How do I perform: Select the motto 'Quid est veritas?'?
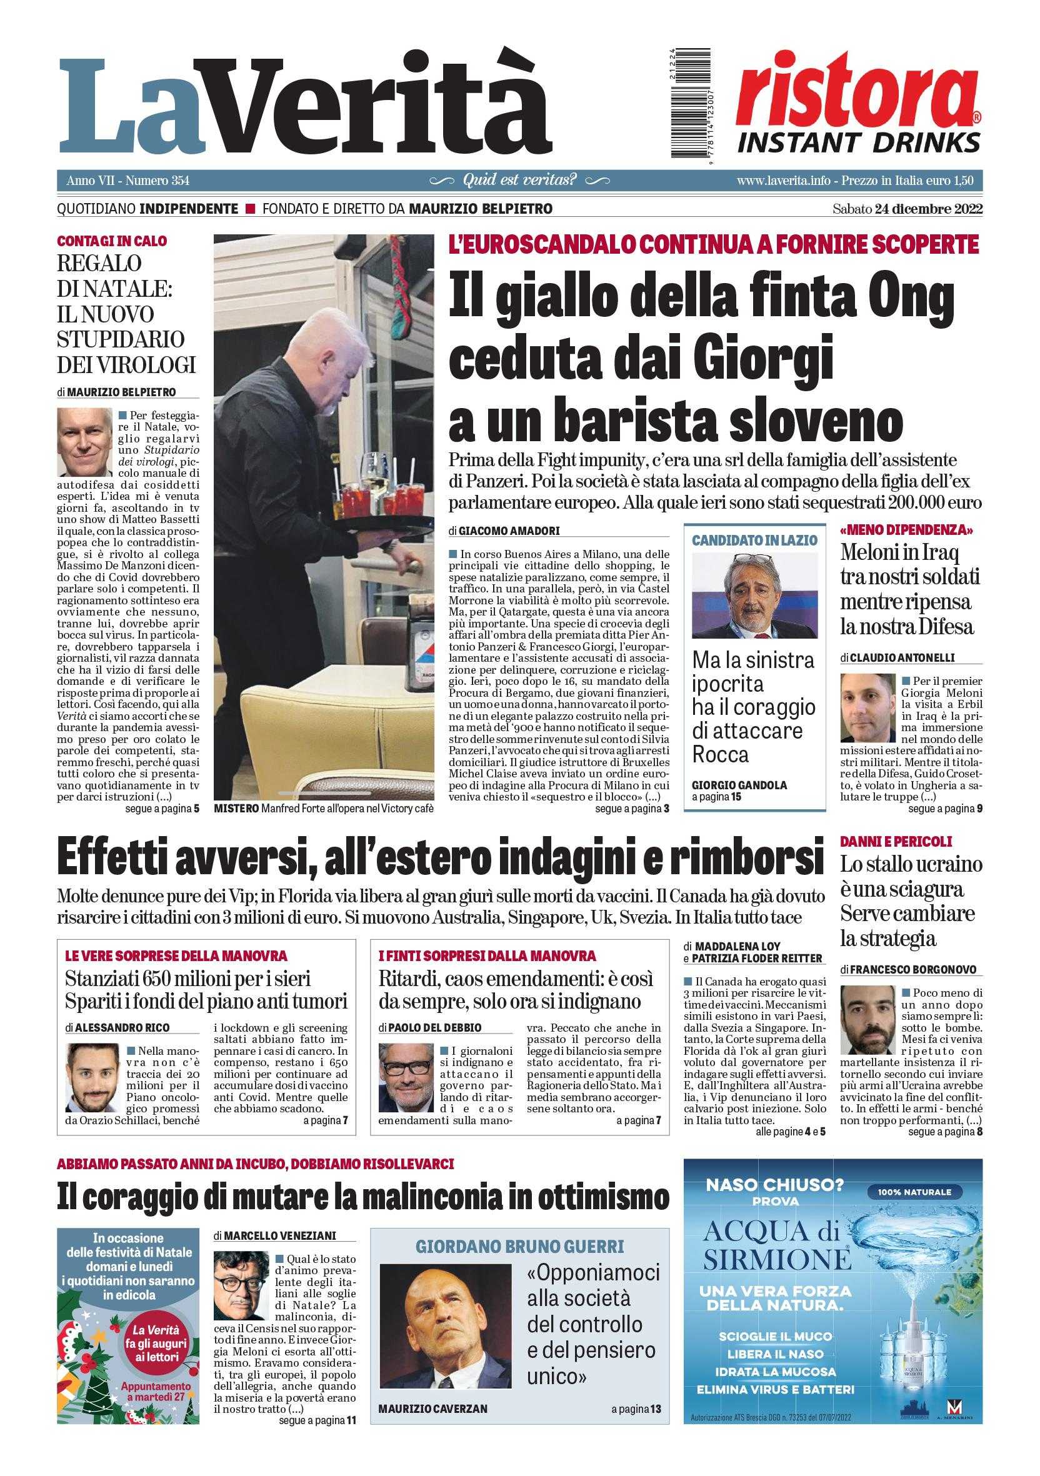[519, 180]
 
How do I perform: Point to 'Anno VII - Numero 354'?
[128, 181]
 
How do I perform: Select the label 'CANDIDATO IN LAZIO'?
[754, 540]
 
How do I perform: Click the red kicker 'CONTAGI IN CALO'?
[112, 242]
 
